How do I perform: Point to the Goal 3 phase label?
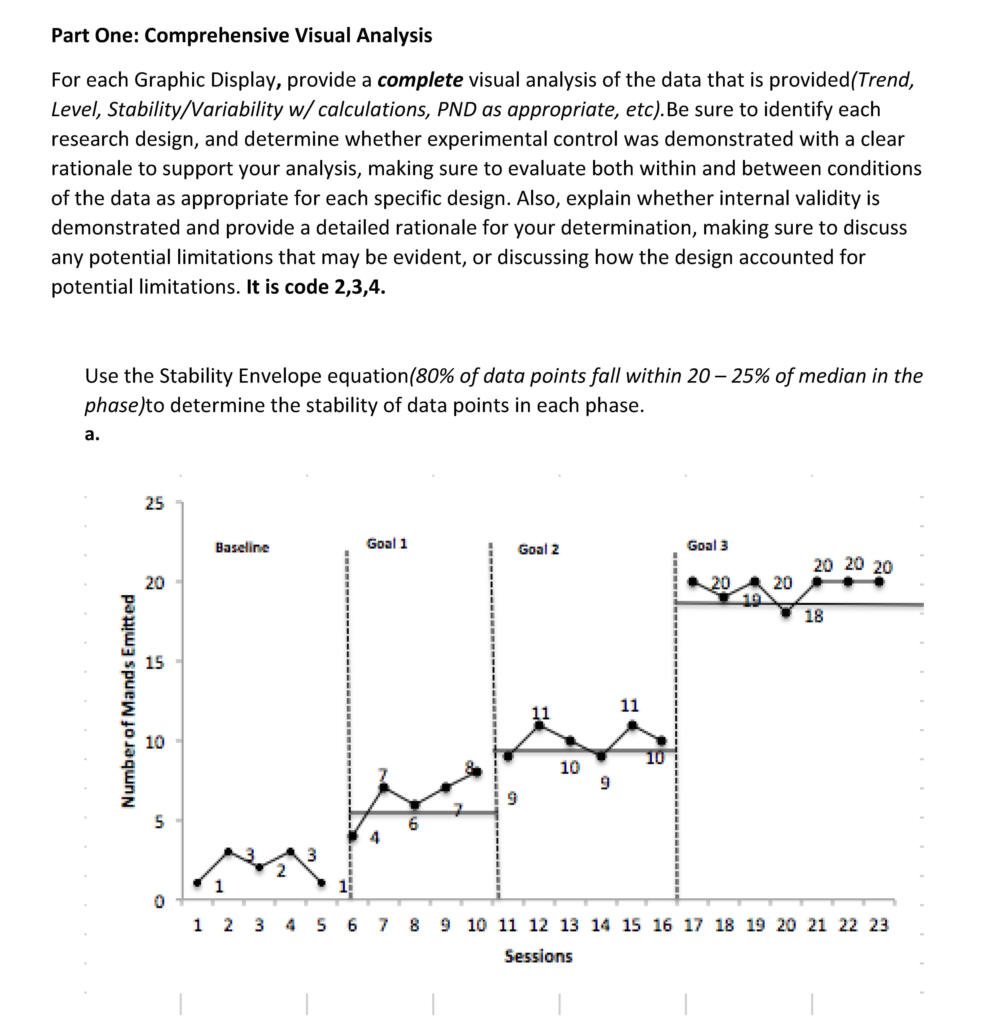tap(708, 545)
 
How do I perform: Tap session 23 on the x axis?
tap(879, 925)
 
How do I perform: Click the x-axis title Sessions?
tap(538, 956)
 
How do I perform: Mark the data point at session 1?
tap(197, 883)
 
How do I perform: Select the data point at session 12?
tap(539, 725)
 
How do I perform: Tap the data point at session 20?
tap(786, 612)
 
